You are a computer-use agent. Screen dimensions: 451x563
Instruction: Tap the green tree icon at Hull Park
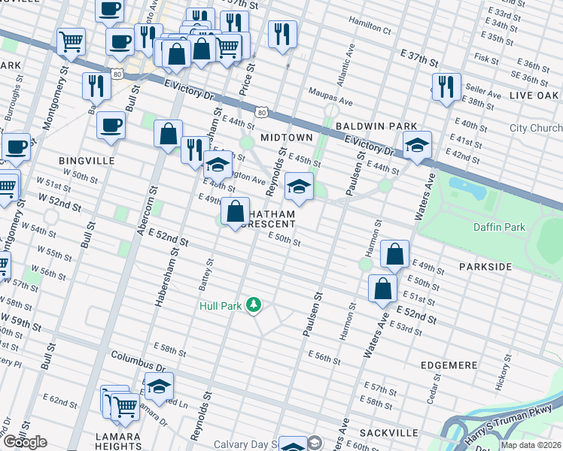255,304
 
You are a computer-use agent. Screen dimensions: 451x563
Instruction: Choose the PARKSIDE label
485,267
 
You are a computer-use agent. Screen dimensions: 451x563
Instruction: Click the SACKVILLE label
388,432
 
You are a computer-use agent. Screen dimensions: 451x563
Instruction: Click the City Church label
535,129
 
